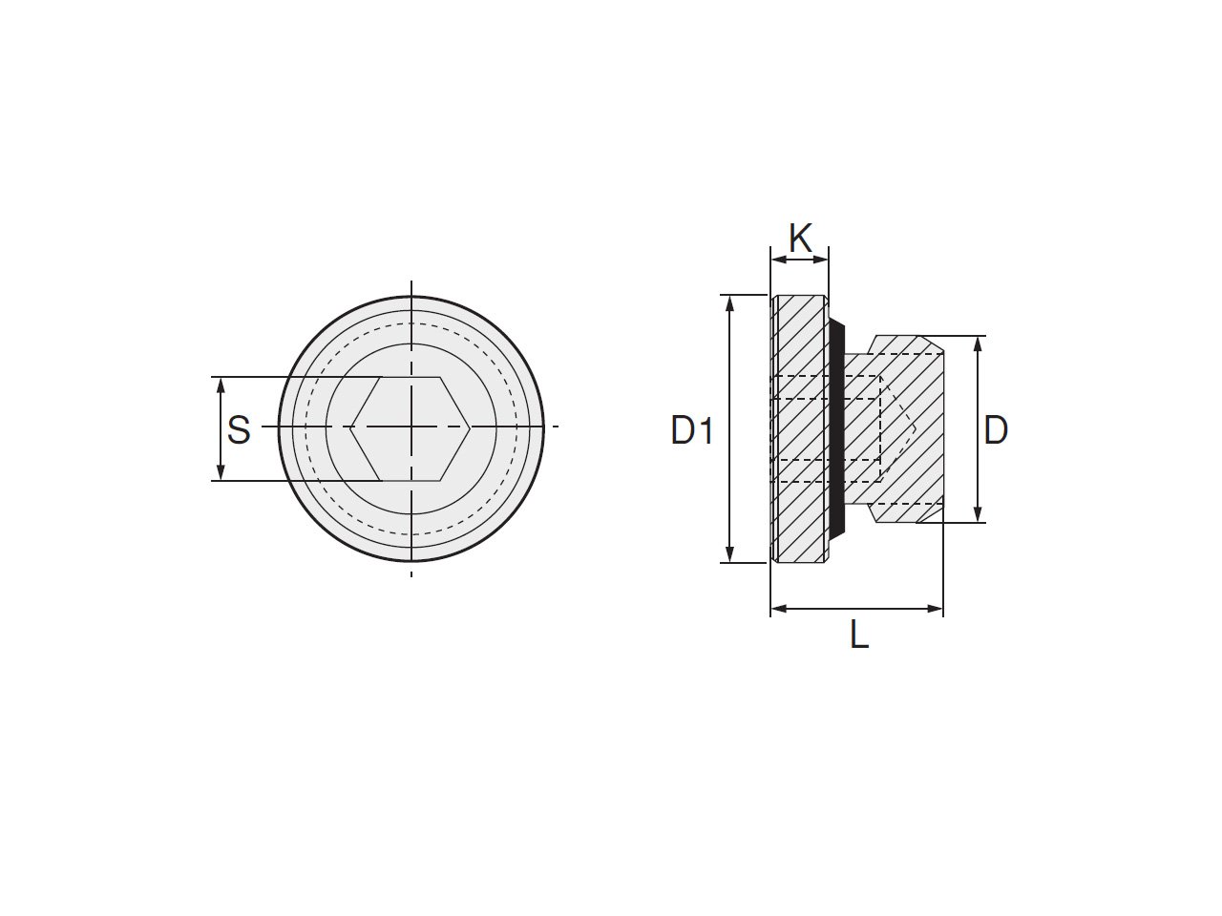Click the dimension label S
pos(239,430)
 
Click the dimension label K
pos(801,238)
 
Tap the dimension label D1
pos(691,430)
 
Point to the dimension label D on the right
pos(996,430)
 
